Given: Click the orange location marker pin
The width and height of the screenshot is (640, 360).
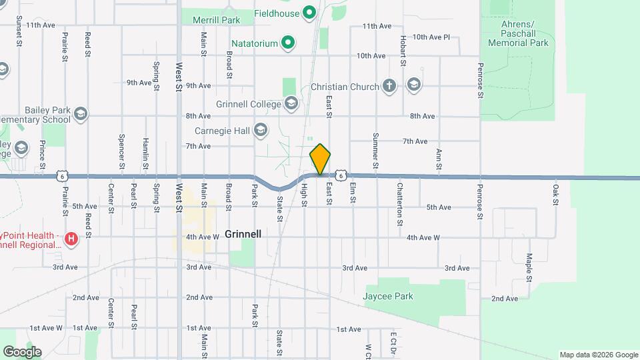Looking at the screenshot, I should pos(320,159).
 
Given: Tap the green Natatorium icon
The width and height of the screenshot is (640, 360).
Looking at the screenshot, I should pos(288,43).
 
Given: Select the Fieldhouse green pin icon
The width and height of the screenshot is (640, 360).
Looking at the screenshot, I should pos(309,13).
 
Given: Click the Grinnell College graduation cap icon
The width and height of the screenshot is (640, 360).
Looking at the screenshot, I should pos(291,103).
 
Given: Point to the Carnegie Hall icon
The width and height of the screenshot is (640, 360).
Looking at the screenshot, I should pos(261,130).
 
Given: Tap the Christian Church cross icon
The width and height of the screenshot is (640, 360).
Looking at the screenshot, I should pos(390,86).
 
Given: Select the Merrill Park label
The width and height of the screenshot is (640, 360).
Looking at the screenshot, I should pos(216,20).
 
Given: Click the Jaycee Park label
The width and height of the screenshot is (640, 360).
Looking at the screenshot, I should pos(388,296).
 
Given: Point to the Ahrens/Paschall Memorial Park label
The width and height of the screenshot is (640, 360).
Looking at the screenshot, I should pos(518,33).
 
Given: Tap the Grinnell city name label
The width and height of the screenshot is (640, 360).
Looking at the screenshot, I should pos(243,234).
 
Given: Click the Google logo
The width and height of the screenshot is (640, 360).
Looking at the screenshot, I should pos(22,351).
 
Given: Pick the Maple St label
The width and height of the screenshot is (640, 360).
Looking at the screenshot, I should pos(528,267).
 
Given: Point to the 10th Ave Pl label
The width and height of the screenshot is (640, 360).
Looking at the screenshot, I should pos(431,37).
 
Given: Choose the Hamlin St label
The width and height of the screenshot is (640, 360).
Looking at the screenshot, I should pos(145,153).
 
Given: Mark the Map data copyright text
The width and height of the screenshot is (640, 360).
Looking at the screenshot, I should pos(597,354).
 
